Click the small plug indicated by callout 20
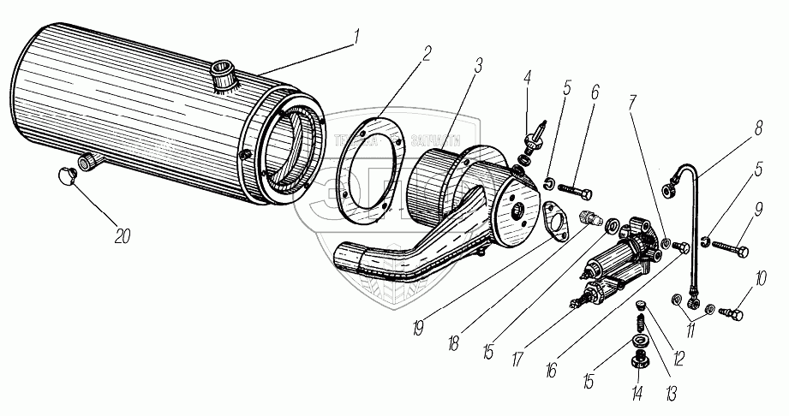pos(63,175)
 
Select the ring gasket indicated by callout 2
pos(369,167)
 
